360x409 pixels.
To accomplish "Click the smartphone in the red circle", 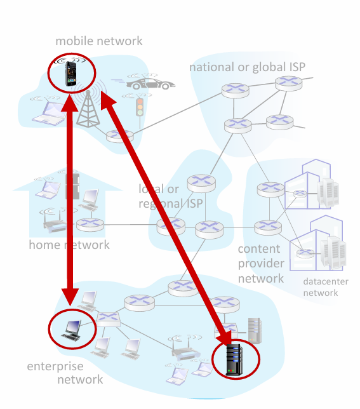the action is (70, 74).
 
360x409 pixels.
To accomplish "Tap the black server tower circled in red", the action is (234, 359).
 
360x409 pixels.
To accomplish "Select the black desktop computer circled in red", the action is (71, 330).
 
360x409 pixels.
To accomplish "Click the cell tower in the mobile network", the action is (88, 109).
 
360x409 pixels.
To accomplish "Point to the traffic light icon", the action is (140, 107).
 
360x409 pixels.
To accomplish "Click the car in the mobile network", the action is (150, 84).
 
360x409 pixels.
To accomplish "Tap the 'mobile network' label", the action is (99, 41).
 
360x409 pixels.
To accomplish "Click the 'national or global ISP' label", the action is (247, 67).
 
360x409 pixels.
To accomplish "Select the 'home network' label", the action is (69, 245).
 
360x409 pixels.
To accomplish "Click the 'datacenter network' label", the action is (326, 287).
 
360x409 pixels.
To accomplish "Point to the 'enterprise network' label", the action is (65, 373).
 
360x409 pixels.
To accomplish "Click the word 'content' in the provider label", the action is (259, 249).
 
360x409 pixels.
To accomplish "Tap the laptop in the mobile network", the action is (50, 113).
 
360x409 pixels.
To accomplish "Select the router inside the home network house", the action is (90, 225).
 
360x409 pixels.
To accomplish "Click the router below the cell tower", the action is (120, 136).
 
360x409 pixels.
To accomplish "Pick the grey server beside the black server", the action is (255, 330).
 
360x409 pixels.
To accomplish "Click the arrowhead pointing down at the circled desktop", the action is (70, 297).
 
